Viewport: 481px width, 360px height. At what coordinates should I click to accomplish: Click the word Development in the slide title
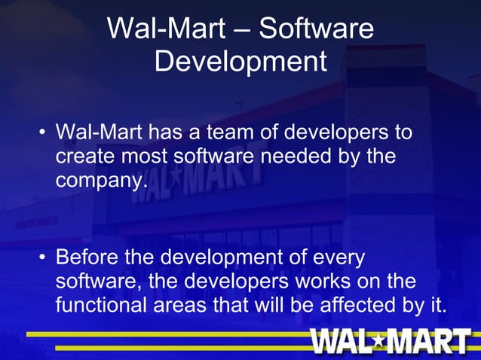tap(240, 61)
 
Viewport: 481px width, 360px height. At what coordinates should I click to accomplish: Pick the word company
tap(97, 182)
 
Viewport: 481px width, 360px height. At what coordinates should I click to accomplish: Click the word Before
tap(89, 258)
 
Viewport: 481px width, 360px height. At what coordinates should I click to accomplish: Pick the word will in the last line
tap(282, 307)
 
